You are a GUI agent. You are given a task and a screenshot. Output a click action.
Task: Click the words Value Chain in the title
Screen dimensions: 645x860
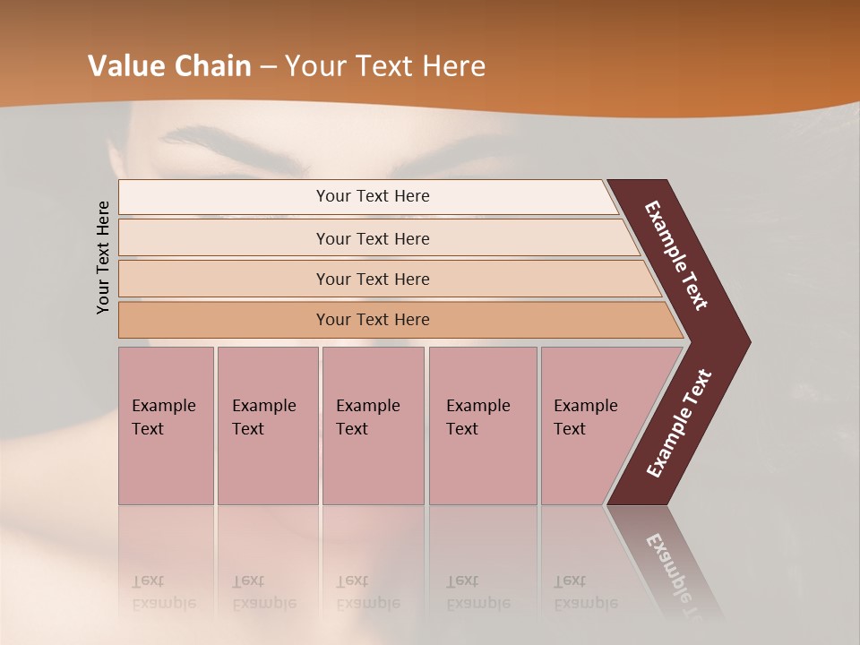click(169, 66)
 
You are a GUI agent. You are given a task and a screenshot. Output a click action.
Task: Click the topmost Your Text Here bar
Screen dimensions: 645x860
click(372, 196)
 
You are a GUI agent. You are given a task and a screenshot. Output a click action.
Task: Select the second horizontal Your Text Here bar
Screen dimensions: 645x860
click(372, 238)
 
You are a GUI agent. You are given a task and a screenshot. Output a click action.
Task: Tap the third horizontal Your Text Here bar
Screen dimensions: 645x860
click(372, 279)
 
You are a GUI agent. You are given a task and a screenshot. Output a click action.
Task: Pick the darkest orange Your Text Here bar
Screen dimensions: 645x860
click(372, 320)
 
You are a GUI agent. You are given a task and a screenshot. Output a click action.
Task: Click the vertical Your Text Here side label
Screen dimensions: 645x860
click(103, 257)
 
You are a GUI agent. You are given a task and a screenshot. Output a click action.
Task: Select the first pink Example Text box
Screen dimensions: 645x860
click(166, 425)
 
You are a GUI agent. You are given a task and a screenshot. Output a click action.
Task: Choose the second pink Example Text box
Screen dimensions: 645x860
click(267, 425)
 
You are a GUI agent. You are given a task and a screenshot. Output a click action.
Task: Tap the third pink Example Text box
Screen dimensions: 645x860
click(373, 425)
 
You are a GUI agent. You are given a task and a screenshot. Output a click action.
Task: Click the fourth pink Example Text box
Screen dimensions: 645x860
click(482, 425)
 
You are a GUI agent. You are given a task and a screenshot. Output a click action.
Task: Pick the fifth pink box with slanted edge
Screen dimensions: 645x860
click(591, 425)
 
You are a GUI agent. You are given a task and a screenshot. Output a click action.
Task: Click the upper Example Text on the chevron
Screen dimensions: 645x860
click(676, 256)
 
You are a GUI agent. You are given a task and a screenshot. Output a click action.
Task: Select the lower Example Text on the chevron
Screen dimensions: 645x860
click(678, 424)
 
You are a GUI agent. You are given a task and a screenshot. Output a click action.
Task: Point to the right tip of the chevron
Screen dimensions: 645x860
click(748, 341)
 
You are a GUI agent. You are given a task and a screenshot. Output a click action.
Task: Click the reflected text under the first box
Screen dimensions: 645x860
click(163, 592)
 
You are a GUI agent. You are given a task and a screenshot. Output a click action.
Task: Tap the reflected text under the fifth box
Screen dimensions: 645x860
click(585, 592)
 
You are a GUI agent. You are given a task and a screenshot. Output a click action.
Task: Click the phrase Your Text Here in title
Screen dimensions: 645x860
click(385, 66)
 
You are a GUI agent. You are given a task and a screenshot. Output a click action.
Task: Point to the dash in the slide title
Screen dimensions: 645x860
click(268, 67)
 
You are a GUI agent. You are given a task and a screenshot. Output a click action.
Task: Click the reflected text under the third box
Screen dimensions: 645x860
click(367, 592)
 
